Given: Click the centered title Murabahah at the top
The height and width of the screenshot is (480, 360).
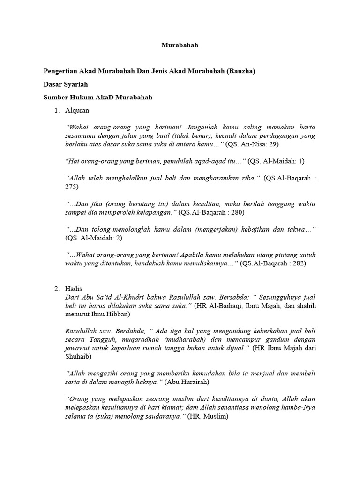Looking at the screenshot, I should pyautogui.click(x=180, y=45).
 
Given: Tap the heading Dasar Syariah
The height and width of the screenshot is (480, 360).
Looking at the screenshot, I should pyautogui.click(x=66, y=84).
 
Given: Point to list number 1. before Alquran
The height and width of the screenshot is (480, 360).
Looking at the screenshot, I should pyautogui.click(x=57, y=111).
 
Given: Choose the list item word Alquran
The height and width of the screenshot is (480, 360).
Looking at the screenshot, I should pyautogui.click(x=77, y=111).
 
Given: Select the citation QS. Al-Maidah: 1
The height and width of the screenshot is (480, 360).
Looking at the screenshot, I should pyautogui.click(x=276, y=161).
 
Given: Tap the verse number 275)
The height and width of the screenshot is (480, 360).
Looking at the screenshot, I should pyautogui.click(x=72, y=187).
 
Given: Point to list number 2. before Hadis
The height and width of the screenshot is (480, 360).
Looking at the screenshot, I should pyautogui.click(x=57, y=289).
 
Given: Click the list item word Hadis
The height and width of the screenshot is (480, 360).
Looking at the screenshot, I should pyautogui.click(x=74, y=289).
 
